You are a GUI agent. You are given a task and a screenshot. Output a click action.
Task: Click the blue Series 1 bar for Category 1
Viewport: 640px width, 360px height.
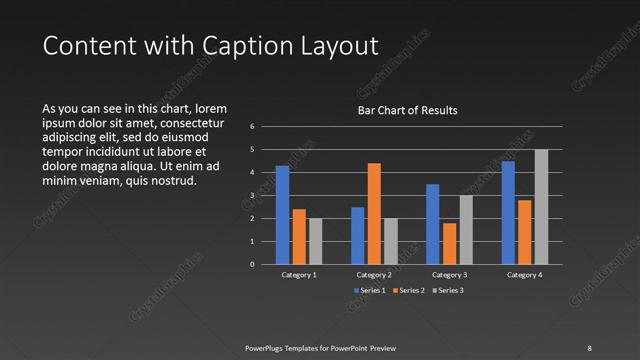(282, 215)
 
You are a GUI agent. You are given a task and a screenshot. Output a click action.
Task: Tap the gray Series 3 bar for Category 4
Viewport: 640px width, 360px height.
(541, 207)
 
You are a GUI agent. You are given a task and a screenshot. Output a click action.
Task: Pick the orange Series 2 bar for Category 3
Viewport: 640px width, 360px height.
(449, 243)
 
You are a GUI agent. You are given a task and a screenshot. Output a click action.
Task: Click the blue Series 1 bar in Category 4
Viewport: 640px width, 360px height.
(508, 212)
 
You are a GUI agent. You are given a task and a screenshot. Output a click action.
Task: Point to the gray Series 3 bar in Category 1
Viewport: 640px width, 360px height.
(316, 241)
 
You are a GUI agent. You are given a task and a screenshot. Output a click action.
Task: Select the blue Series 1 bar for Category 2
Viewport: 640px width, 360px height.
(357, 235)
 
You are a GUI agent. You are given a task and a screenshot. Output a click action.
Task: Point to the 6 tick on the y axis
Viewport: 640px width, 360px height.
(253, 127)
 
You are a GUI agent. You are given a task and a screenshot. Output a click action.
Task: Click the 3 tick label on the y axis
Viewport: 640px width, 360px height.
(253, 196)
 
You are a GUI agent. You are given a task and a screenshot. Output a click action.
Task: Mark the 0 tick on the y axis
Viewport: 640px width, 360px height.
(253, 265)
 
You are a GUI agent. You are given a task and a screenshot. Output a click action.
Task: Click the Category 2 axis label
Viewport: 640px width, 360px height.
(374, 274)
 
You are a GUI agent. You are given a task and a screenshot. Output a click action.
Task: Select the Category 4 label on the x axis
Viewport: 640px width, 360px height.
(524, 274)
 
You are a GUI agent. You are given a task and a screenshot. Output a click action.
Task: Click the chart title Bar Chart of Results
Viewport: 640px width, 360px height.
(407, 110)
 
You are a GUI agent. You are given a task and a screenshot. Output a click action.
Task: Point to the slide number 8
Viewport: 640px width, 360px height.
(589, 347)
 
